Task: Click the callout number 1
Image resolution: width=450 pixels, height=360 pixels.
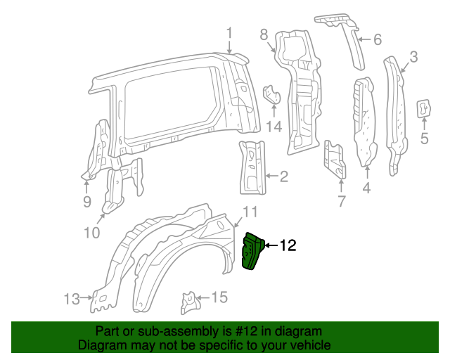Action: pyautogui.click(x=229, y=32)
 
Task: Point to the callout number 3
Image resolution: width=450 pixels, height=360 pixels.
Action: pyautogui.click(x=413, y=57)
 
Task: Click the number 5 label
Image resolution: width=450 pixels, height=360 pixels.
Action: pyautogui.click(x=424, y=139)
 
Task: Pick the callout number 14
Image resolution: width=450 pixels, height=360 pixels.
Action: pyautogui.click(x=274, y=127)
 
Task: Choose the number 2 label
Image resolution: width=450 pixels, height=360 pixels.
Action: pyautogui.click(x=283, y=176)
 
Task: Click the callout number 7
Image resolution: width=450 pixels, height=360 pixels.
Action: pyautogui.click(x=341, y=202)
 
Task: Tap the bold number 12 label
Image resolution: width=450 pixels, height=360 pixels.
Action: pyautogui.click(x=288, y=245)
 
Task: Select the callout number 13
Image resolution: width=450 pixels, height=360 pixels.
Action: pyautogui.click(x=72, y=299)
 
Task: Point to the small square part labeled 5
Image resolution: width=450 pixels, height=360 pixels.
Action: pyautogui.click(x=424, y=108)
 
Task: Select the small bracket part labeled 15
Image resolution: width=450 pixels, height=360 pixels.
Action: pyautogui.click(x=188, y=301)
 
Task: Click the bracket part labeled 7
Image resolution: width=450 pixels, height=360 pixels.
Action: pyautogui.click(x=335, y=161)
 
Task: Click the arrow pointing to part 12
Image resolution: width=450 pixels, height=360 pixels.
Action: pyautogui.click(x=271, y=245)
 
